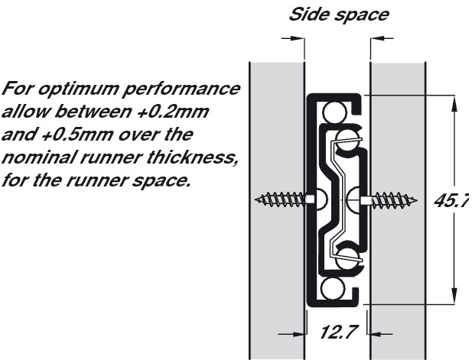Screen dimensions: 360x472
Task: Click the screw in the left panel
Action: [x=284, y=200]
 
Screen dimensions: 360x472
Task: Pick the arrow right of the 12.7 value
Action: [x=377, y=333]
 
